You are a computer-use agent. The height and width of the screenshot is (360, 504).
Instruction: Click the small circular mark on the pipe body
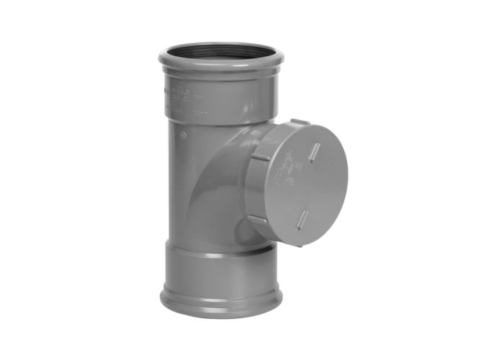[186, 134]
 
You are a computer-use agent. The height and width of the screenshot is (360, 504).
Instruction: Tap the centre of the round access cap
[306, 184]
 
